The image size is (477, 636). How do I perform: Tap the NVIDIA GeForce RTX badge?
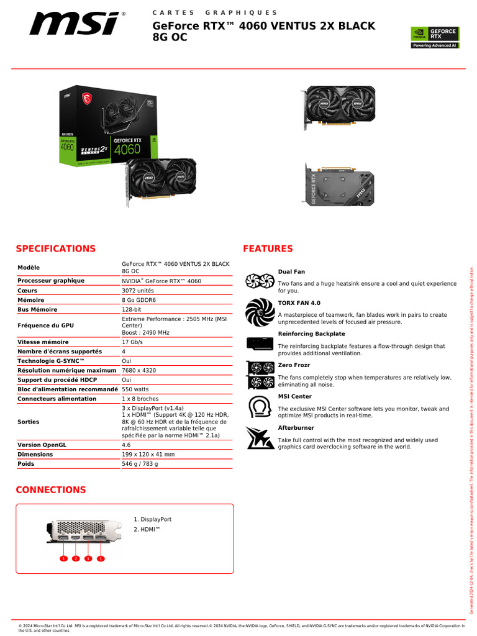(x=434, y=37)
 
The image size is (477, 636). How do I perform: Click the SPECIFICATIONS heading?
(x=55, y=248)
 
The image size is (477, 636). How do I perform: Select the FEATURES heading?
(x=268, y=248)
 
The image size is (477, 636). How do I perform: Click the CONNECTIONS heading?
(x=51, y=489)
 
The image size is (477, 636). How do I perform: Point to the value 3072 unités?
(x=138, y=290)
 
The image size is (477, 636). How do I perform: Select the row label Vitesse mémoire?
(x=43, y=342)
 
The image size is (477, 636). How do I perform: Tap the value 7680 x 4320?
(x=139, y=370)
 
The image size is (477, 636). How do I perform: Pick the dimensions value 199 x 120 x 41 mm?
(x=148, y=454)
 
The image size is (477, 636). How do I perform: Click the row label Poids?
(x=26, y=463)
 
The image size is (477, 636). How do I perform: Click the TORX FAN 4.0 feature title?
(x=299, y=302)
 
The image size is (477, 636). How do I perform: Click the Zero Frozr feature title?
(x=294, y=365)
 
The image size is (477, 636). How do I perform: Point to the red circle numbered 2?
(x=76, y=558)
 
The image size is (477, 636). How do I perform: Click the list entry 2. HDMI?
(x=147, y=529)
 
